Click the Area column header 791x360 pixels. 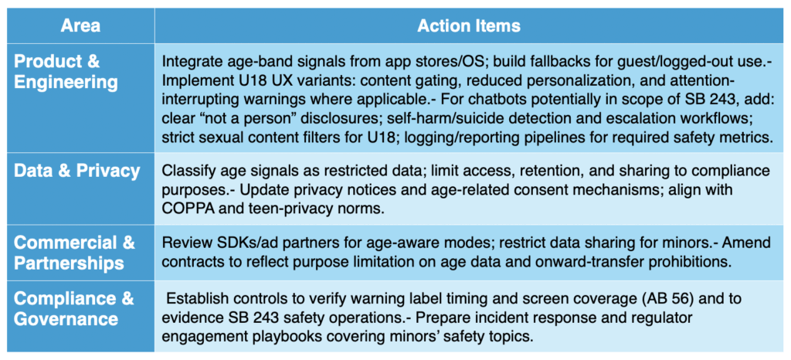(x=80, y=25)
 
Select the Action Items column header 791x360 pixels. (x=469, y=25)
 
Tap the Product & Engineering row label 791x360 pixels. (x=66, y=72)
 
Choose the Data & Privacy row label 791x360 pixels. (x=76, y=171)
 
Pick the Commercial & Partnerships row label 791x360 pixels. (x=74, y=253)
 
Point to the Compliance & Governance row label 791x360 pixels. (x=73, y=308)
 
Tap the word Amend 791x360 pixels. (x=748, y=243)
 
